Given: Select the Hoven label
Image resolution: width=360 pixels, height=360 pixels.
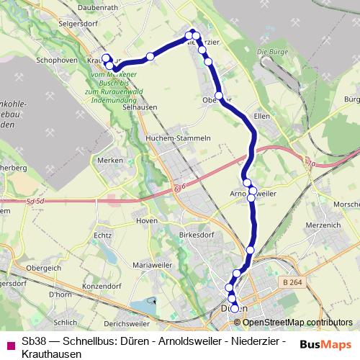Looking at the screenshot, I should click(x=146, y=220).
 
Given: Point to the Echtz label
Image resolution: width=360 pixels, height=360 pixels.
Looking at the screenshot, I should click(x=103, y=235).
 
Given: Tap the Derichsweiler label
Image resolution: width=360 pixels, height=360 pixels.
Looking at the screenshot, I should click(x=126, y=313).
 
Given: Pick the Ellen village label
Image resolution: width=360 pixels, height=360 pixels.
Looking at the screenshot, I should click(x=262, y=116).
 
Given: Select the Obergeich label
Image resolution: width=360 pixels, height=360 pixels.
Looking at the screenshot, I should click(x=42, y=267).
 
